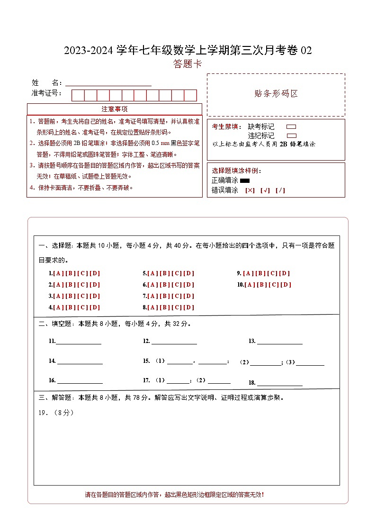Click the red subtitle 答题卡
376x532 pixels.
point(188,64)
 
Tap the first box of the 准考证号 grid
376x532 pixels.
point(78,95)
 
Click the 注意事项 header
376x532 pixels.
point(114,109)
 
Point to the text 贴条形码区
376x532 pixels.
point(276,94)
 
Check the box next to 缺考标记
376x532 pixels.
point(291,127)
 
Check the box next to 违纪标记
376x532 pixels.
point(291,135)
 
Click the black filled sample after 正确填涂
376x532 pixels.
point(245,180)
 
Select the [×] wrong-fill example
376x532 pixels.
point(250,190)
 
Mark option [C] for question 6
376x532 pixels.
point(177,285)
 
